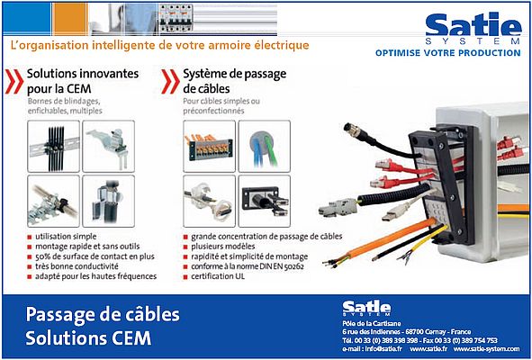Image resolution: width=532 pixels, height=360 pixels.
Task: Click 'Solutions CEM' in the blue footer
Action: point(88,339)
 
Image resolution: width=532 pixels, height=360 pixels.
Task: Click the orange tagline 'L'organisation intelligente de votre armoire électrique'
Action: point(158,44)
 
